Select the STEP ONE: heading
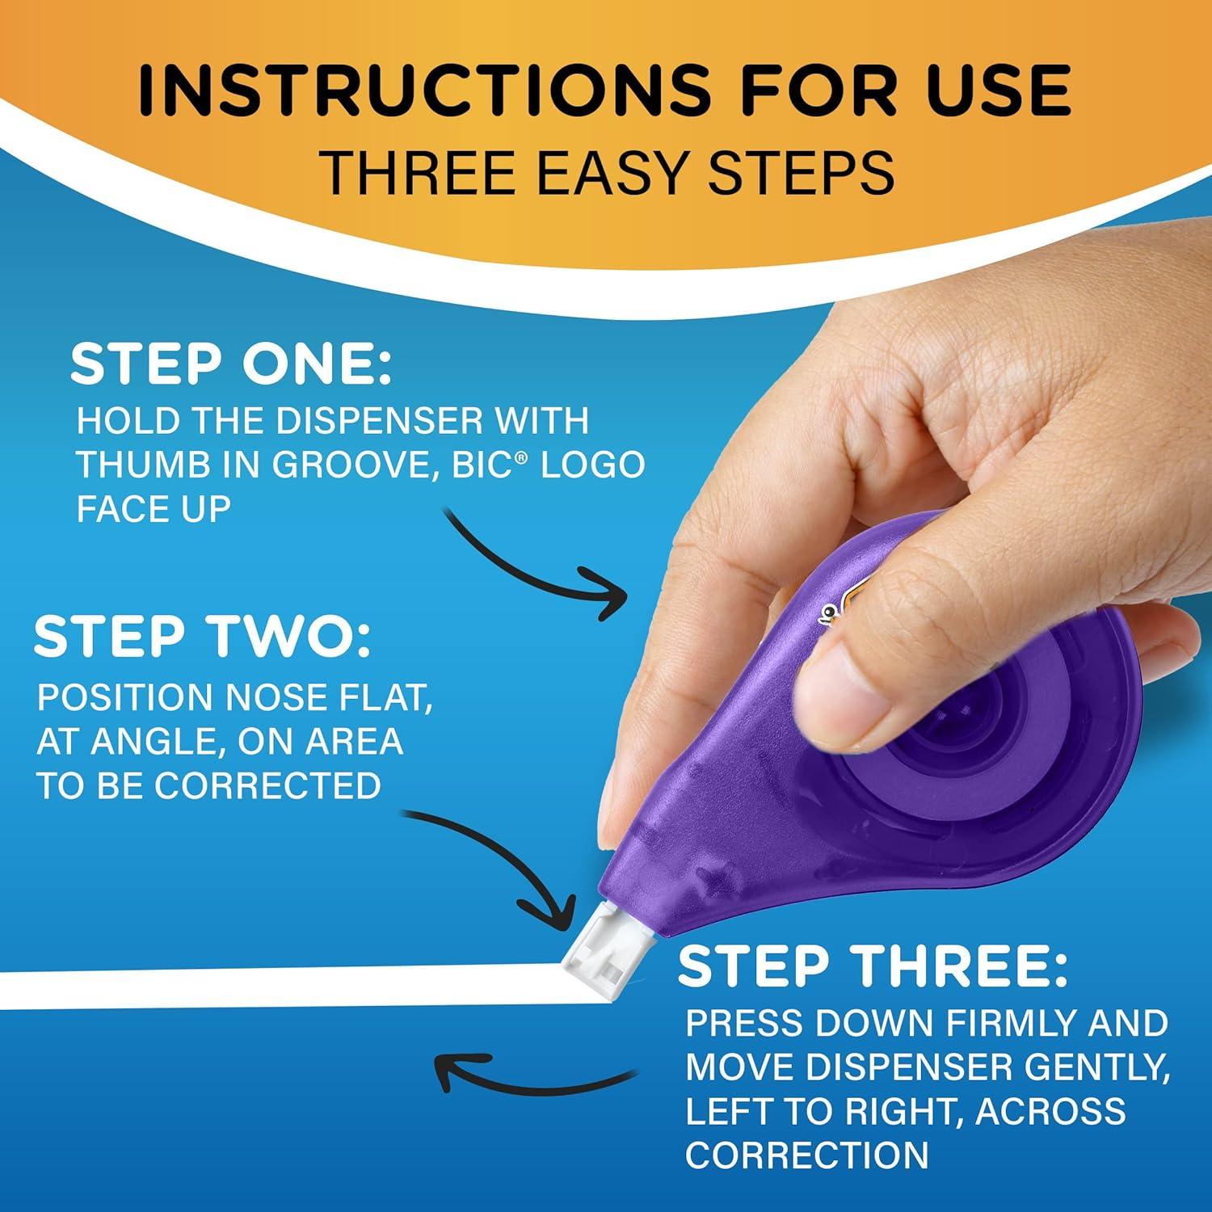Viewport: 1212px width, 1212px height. (231, 364)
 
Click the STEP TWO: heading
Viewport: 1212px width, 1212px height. (203, 636)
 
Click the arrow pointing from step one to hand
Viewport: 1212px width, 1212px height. (537, 566)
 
